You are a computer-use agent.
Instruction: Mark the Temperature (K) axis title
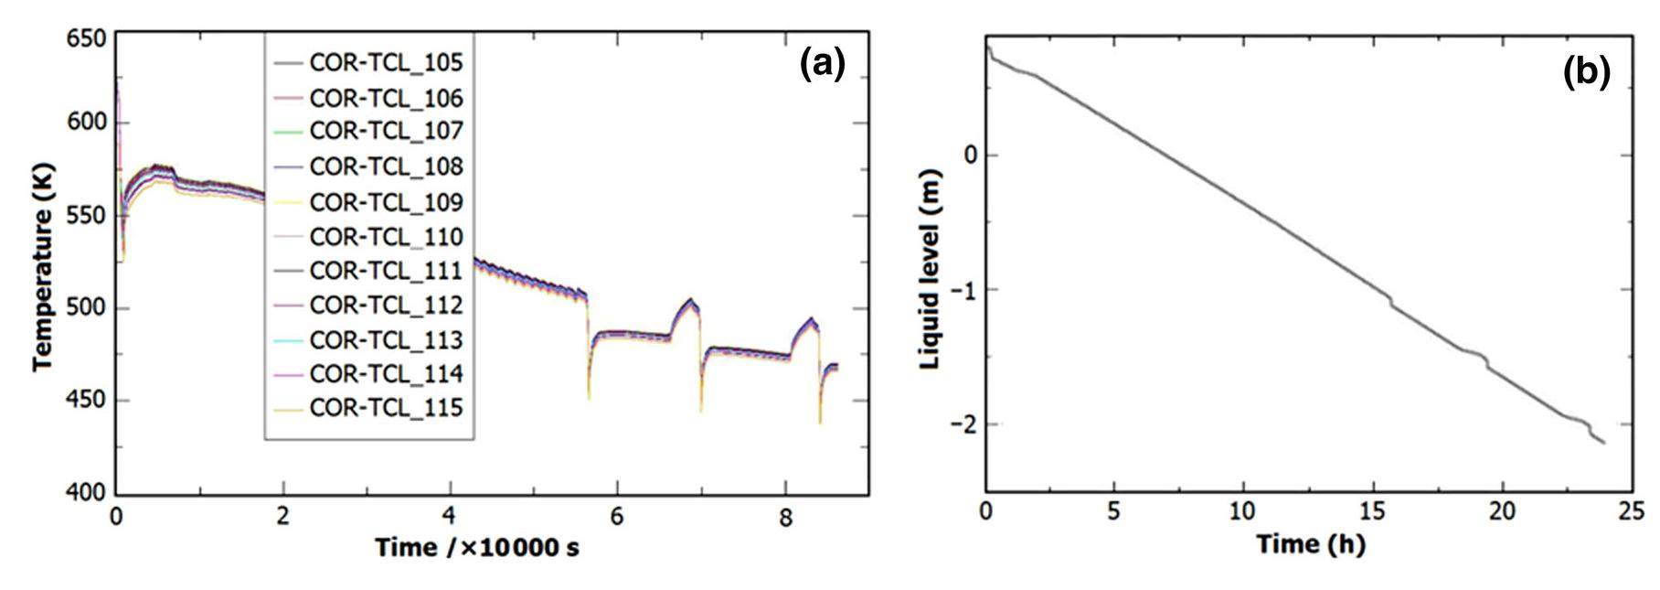pyautogui.click(x=42, y=266)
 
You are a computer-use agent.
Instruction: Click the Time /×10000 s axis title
pyautogui.click(x=477, y=548)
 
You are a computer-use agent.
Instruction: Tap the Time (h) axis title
pyautogui.click(x=1310, y=544)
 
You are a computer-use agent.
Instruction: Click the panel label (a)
pyautogui.click(x=823, y=65)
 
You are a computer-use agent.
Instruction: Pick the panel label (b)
pyautogui.click(x=1586, y=72)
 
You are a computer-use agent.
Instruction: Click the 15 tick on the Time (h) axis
pyautogui.click(x=1372, y=510)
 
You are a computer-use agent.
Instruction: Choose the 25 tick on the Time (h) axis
pyautogui.click(x=1631, y=510)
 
